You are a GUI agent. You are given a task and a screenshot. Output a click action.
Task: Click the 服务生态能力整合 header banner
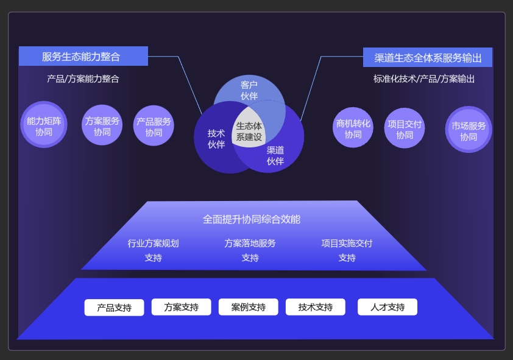tap(83, 56)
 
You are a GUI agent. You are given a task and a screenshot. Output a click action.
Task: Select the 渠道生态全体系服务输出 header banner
tap(428, 57)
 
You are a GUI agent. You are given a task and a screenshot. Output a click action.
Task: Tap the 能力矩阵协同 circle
tap(44, 125)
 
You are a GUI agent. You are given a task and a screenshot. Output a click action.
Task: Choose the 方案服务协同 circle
tap(102, 125)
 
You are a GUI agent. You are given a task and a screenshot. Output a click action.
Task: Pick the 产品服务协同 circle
tap(154, 125)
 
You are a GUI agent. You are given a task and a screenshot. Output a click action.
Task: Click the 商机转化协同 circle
tap(353, 127)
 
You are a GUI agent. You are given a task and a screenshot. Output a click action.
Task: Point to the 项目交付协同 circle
tap(405, 128)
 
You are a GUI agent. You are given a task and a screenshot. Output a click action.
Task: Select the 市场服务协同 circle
tap(469, 130)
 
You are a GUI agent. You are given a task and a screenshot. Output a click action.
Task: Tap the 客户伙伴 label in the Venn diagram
tap(249, 90)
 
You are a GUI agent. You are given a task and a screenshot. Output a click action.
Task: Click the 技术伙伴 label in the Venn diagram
tap(216, 139)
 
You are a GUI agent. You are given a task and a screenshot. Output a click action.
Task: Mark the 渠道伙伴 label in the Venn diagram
tap(275, 155)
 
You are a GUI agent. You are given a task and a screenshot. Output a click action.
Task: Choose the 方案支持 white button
tap(181, 307)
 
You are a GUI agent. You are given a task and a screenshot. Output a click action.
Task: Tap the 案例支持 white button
tap(249, 307)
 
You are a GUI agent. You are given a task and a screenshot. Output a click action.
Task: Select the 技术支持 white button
tap(316, 307)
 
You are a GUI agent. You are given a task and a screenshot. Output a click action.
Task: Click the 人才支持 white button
tap(387, 307)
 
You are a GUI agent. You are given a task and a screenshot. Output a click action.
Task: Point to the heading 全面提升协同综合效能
tap(251, 219)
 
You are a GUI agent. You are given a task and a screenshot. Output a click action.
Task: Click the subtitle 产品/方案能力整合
tap(83, 79)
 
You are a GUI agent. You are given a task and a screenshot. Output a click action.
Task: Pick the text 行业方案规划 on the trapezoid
tap(153, 243)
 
